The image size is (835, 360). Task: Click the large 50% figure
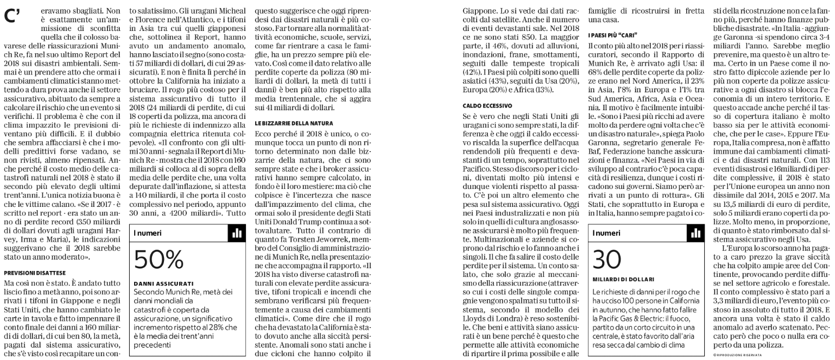click(159, 260)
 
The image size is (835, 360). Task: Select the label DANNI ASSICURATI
click(158, 283)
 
